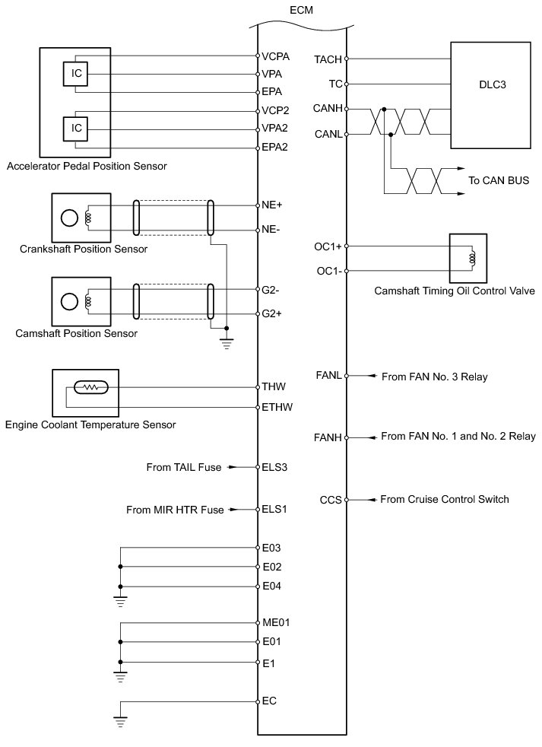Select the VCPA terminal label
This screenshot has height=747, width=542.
[x=275, y=56]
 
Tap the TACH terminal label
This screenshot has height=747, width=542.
[x=328, y=59]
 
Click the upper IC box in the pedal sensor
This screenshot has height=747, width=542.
[x=76, y=74]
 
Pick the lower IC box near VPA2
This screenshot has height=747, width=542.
[x=76, y=129]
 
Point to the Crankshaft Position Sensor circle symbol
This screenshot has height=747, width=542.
[x=69, y=218]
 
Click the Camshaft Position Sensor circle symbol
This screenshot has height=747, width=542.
[x=69, y=301]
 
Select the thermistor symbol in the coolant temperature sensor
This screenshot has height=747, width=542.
[x=92, y=387]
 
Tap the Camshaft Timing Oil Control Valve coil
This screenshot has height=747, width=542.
[x=471, y=258]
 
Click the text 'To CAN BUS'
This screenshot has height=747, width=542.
[x=499, y=181]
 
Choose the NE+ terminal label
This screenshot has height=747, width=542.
[x=272, y=205]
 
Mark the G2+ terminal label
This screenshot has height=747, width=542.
[x=272, y=313]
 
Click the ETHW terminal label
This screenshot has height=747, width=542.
[x=277, y=407]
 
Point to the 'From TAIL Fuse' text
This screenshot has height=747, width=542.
[x=183, y=468]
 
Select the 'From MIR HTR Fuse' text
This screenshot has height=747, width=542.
[x=175, y=510]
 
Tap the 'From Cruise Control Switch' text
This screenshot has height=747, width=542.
[x=444, y=500]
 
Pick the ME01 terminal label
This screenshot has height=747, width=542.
[x=276, y=622]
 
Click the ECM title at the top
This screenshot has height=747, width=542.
[x=302, y=10]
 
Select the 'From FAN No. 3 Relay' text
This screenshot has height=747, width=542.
[x=434, y=377]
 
